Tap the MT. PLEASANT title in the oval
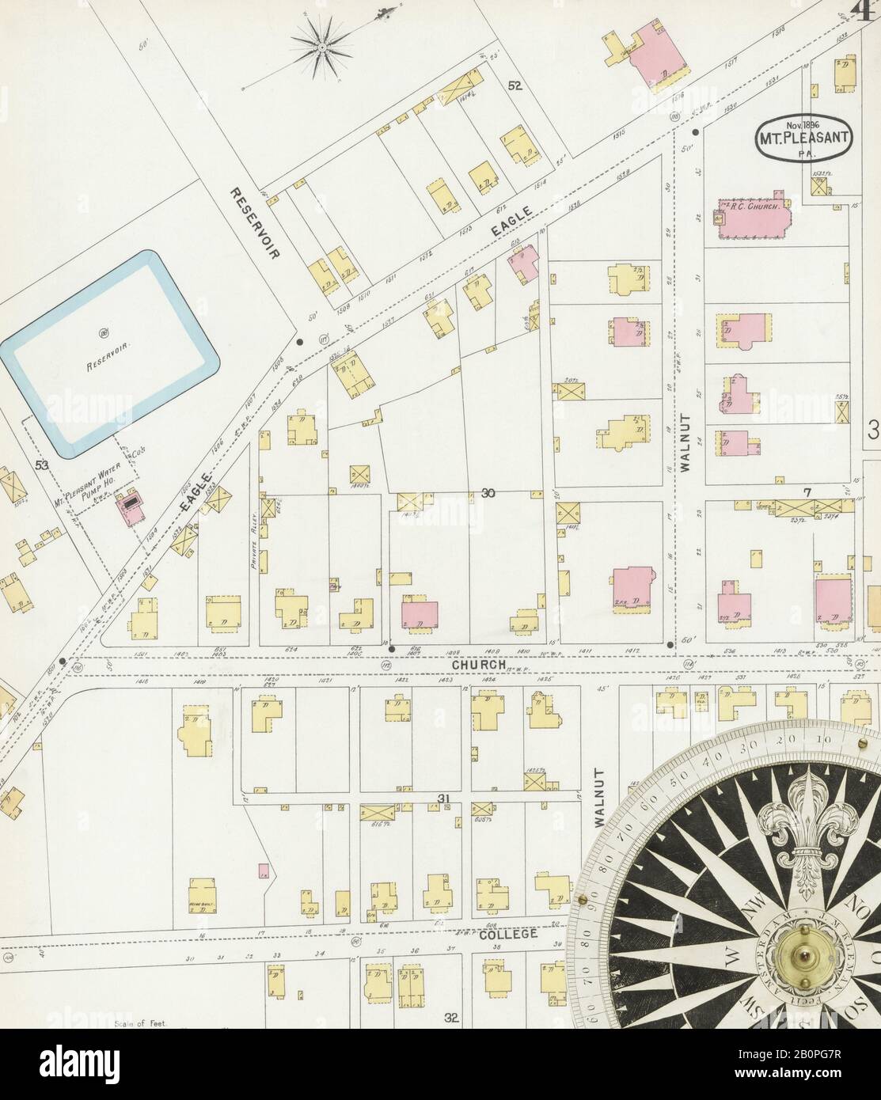pyautogui.click(x=806, y=136)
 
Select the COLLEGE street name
pyautogui.click(x=509, y=934)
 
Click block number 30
pyautogui.click(x=488, y=494)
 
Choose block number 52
pyautogui.click(x=515, y=87)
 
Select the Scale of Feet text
pyautogui.click(x=139, y=1022)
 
